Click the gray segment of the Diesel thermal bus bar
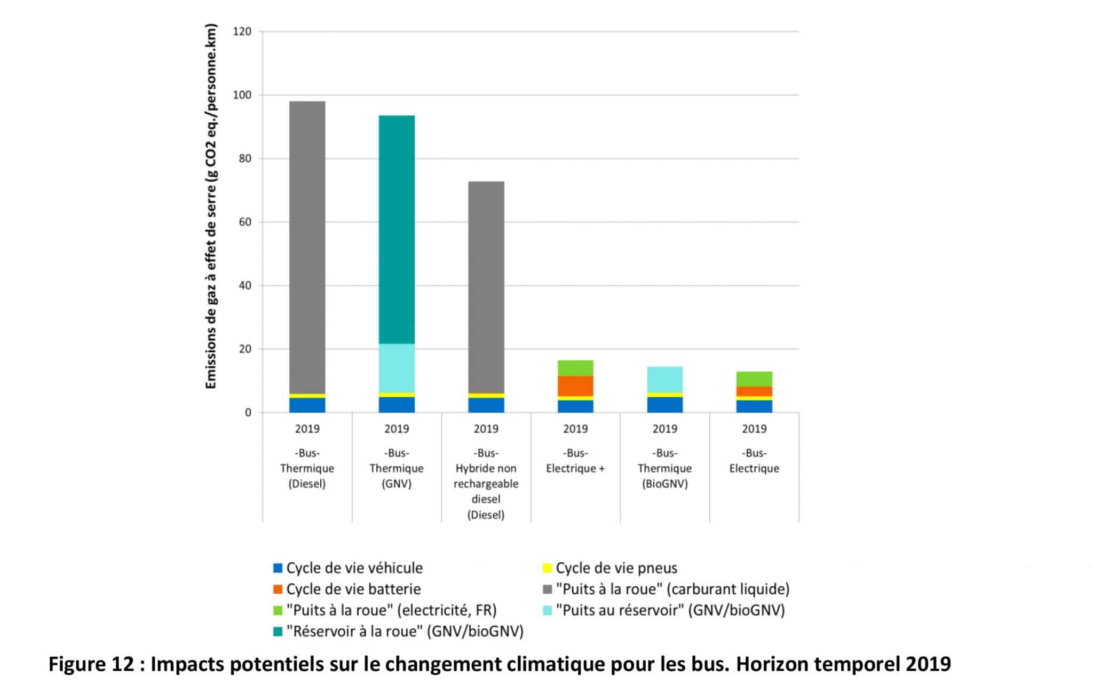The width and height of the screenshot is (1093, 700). coord(307,246)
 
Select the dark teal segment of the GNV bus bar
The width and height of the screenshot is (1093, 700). coord(397,230)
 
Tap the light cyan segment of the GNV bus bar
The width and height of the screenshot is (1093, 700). coord(397,368)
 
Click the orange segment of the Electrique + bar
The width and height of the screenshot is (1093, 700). coord(575,386)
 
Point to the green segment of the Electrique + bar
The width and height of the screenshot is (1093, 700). coord(575,368)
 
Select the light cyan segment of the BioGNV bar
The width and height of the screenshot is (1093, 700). coord(664,380)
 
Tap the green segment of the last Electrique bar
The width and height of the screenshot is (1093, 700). coord(754,379)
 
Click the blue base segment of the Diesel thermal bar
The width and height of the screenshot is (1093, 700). coord(307,405)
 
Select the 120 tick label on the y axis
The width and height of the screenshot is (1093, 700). coord(242,32)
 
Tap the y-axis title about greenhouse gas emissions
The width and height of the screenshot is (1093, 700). coord(211,206)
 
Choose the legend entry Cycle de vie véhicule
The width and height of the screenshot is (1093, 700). coord(354,568)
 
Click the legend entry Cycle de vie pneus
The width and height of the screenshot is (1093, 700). coord(616,568)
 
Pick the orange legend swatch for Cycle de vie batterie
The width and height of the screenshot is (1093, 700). coord(278,589)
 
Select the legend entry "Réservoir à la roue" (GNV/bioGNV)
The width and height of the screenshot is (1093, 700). coord(405,632)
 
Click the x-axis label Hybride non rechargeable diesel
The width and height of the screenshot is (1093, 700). coord(486,484)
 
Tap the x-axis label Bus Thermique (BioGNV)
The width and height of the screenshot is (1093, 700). coord(664,468)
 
